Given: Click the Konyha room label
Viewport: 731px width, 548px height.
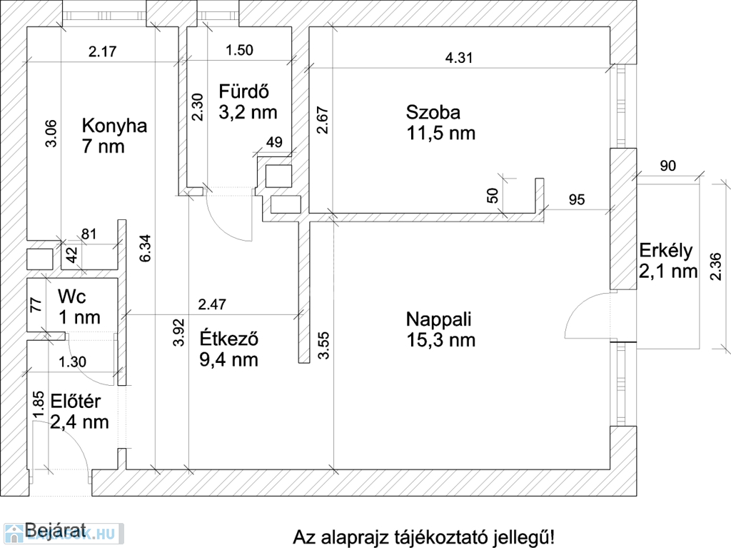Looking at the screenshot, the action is pos(115,126).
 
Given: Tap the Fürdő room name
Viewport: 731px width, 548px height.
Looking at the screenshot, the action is pos(244,91).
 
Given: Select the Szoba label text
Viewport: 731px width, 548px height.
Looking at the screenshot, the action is pos(433,112).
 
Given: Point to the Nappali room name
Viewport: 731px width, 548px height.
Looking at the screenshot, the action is pos(439,319).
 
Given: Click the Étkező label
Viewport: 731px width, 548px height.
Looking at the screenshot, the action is pos(229,339).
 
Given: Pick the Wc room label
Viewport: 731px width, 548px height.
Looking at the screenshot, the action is pos(72,297).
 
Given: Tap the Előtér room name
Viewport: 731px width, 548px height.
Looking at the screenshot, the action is pos(76,402).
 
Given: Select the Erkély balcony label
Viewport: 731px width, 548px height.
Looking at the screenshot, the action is pos(666,251).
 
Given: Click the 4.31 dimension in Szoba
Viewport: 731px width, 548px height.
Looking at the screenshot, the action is pos(459,58).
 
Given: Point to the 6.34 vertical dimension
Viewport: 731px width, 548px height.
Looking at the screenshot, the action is pos(145,248).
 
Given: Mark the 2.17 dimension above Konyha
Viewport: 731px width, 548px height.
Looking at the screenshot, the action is pos(103,51).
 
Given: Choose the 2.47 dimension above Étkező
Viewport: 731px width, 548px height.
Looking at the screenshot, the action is pos(212,304).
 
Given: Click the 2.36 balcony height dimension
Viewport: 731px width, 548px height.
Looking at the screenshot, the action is pos(715,266).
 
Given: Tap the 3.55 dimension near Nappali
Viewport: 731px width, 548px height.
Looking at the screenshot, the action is pos(323,345).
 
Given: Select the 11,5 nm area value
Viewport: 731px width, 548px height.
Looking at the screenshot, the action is pos(441,134).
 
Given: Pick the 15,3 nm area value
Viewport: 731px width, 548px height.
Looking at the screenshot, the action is pos(441,340).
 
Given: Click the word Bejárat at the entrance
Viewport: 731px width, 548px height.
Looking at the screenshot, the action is pos(56,531).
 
